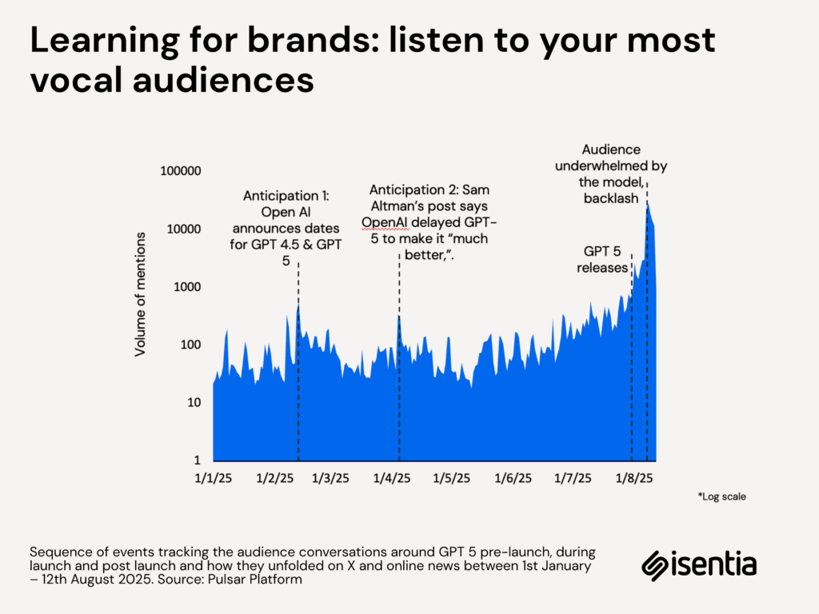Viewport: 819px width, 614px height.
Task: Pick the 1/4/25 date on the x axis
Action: coord(393,478)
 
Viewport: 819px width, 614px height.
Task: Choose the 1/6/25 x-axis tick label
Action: coord(513,478)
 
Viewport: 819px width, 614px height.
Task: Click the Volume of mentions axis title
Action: coord(141,294)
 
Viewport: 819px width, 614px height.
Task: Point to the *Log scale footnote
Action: coord(721,496)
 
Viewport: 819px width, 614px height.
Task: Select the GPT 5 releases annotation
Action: coord(603,260)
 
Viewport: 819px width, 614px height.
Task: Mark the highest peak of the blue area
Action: coord(648,203)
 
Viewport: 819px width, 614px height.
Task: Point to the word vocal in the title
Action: coord(74,82)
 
